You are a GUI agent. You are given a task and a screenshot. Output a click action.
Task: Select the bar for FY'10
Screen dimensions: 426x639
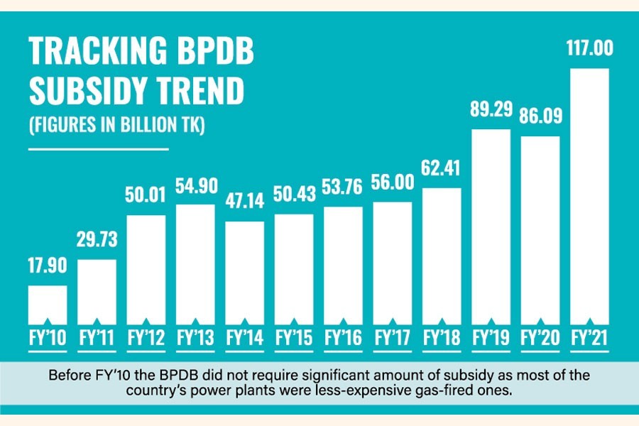pos(48,302)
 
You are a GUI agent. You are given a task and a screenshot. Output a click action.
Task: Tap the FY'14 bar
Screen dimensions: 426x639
pos(244,270)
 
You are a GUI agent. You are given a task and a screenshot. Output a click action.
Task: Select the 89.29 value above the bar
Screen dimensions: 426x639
pos(491,111)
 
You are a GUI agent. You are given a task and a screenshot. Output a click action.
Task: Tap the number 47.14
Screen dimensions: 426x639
pos(244,203)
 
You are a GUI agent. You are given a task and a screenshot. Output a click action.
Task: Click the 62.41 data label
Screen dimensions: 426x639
pos(442,170)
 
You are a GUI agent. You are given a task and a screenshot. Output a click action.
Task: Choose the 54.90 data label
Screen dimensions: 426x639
pos(195,187)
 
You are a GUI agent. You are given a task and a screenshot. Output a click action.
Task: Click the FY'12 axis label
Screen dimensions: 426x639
pos(146,335)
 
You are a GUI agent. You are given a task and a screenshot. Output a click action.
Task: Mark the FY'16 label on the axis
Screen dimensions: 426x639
pos(343,335)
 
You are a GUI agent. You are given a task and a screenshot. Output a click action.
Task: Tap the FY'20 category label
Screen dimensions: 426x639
pos(540,335)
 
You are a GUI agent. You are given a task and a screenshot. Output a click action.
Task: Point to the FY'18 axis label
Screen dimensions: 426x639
pos(442,335)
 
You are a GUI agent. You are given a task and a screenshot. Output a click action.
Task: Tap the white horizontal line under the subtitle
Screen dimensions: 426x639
pos(98,149)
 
